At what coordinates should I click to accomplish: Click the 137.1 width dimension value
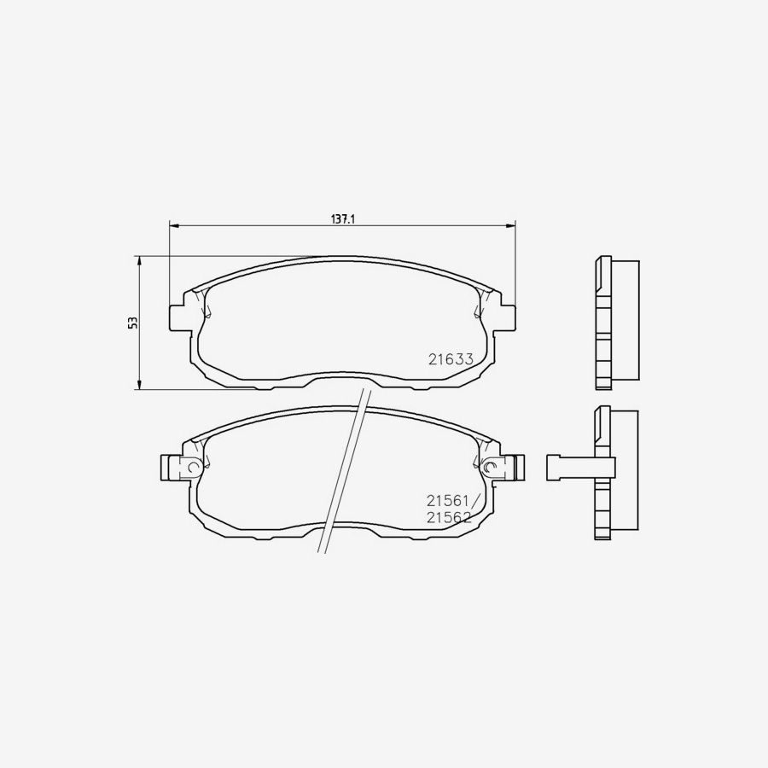[x=342, y=219]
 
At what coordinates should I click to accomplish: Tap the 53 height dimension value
[x=132, y=323]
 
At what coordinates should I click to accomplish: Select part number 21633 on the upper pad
[x=451, y=359]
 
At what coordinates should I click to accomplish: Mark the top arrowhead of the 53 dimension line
[x=139, y=260]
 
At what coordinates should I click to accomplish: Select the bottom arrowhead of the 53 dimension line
[x=139, y=386]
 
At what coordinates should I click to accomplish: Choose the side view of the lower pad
[x=616, y=474]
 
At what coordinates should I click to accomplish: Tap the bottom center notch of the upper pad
[x=343, y=376]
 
